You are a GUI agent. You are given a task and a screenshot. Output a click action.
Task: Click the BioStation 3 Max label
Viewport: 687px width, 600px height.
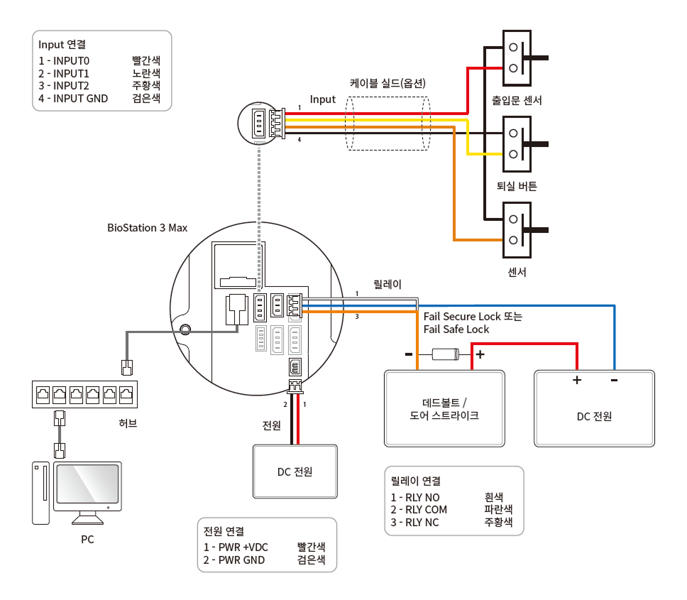(x=147, y=228)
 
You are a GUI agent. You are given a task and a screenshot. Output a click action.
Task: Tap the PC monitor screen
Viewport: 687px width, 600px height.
(x=87, y=484)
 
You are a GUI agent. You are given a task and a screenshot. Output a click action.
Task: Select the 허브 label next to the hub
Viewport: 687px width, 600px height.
(x=128, y=423)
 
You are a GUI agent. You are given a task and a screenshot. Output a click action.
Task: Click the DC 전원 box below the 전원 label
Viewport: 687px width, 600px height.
(x=295, y=471)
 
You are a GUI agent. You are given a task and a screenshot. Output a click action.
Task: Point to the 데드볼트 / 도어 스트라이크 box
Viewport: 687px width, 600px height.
(x=444, y=408)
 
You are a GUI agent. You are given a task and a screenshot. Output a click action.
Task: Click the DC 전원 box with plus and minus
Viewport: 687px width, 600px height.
(x=594, y=408)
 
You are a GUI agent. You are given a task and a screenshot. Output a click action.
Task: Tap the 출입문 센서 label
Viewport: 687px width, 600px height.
(x=517, y=100)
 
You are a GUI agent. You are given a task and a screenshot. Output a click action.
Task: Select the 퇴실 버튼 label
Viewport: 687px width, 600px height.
(x=517, y=186)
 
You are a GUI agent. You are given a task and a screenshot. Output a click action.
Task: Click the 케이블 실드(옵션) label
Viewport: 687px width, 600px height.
(x=388, y=83)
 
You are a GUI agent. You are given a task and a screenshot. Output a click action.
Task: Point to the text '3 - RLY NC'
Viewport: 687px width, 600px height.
(x=414, y=523)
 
